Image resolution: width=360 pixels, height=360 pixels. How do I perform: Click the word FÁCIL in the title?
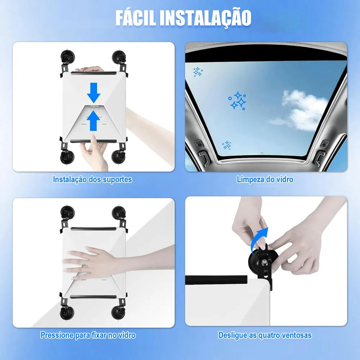[x=135, y=18]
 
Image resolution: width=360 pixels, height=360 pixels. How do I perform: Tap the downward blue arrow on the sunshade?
[x=94, y=93]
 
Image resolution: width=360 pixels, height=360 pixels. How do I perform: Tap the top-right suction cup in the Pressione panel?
[x=119, y=213]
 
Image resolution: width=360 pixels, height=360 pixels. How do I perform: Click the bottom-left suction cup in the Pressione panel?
[x=67, y=312]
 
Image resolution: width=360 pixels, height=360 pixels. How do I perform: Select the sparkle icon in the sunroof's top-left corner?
[x=198, y=72]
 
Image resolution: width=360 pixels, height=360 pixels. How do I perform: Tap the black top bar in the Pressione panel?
[x=94, y=229]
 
